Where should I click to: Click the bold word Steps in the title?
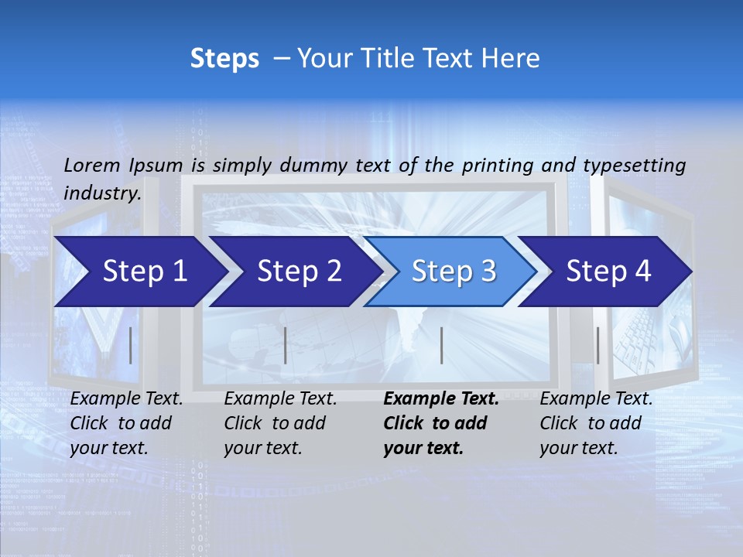click(x=224, y=59)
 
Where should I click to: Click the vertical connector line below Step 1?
click(x=131, y=345)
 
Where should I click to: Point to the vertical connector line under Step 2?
click(x=286, y=345)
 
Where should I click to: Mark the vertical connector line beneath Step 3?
click(x=441, y=345)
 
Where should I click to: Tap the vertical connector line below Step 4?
click(x=597, y=345)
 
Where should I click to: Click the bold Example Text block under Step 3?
click(x=440, y=423)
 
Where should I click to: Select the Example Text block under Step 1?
click(x=126, y=423)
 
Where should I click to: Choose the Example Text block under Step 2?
click(x=280, y=423)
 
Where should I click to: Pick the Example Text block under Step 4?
click(x=595, y=423)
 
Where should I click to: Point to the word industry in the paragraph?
click(x=102, y=193)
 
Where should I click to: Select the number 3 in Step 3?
click(x=488, y=272)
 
